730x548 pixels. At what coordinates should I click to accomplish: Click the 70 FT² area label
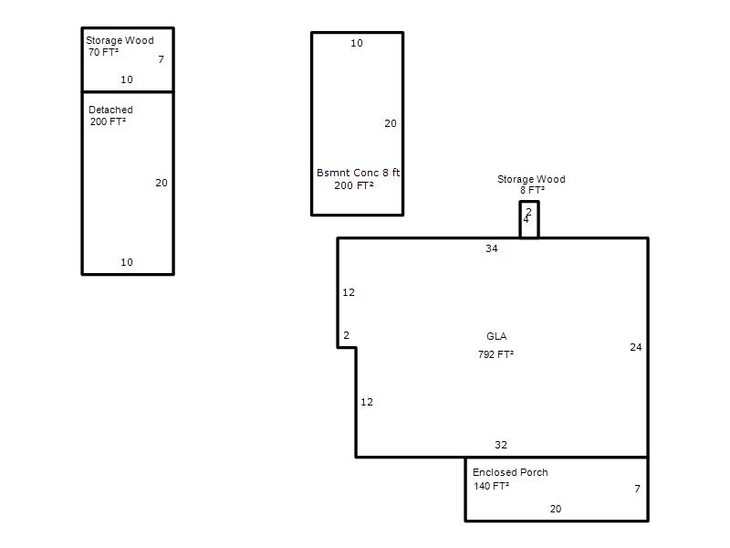click(103, 52)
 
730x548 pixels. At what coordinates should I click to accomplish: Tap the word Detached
click(110, 110)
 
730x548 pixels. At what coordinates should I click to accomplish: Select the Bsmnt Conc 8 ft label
click(358, 173)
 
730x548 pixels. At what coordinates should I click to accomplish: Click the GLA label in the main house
click(496, 336)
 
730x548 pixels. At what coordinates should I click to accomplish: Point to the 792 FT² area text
click(495, 354)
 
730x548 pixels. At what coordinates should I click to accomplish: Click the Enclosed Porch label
click(510, 472)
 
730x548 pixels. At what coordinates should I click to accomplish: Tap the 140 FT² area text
click(492, 486)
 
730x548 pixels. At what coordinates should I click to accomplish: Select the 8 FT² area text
click(532, 190)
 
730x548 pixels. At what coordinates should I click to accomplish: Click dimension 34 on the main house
click(492, 248)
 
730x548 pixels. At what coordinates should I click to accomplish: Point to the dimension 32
click(501, 445)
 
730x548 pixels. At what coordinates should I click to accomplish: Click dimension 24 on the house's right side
click(636, 347)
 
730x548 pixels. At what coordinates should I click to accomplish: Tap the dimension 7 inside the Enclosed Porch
click(637, 489)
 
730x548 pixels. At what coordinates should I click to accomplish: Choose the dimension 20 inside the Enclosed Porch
click(556, 509)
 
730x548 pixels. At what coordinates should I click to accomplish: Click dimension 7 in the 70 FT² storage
click(162, 59)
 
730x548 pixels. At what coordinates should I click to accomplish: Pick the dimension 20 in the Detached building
click(162, 183)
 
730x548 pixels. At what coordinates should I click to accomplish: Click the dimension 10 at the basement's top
click(357, 43)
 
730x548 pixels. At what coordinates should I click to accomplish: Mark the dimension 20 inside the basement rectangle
click(391, 123)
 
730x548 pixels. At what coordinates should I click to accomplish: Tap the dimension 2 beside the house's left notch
click(347, 335)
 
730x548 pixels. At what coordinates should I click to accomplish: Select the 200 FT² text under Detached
click(108, 121)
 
